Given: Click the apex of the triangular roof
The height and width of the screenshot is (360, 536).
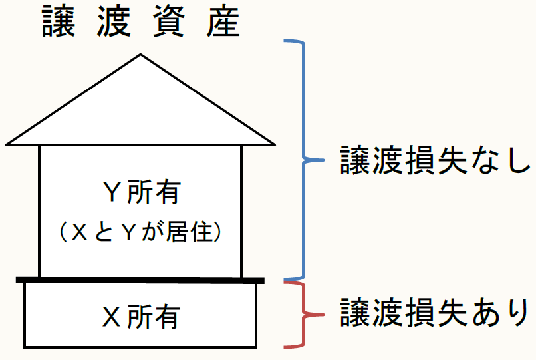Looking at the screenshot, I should (x=140, y=55).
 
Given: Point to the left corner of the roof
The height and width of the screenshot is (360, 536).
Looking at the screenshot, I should (x=8, y=143).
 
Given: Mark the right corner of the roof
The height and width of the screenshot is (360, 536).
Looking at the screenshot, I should (x=273, y=143).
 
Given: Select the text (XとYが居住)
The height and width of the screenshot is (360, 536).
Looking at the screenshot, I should (x=140, y=231).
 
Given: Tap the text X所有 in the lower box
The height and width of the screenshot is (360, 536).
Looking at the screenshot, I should (x=141, y=317).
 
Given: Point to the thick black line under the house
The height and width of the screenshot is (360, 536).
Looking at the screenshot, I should (x=140, y=279).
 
